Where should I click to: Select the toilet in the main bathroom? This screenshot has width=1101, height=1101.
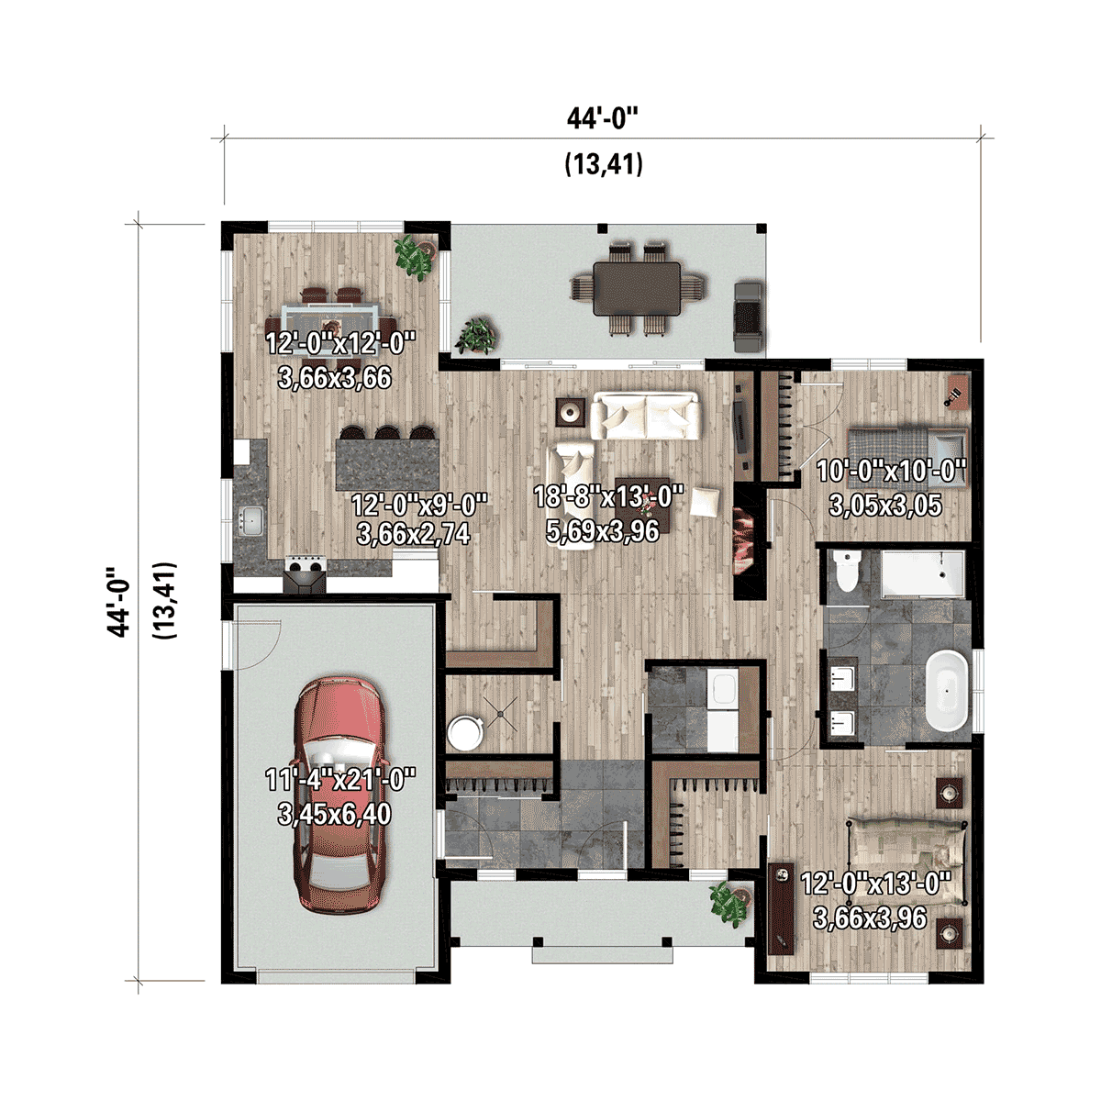pyautogui.click(x=848, y=574)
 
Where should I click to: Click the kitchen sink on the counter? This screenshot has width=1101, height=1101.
pyautogui.click(x=250, y=522)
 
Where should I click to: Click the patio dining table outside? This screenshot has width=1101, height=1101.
pyautogui.click(x=637, y=288)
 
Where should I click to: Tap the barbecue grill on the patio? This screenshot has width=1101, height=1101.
pyautogui.click(x=749, y=317)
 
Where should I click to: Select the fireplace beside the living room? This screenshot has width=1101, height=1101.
pyautogui.click(x=745, y=541)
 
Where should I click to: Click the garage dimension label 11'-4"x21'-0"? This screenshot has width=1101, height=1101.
pyautogui.click(x=340, y=796)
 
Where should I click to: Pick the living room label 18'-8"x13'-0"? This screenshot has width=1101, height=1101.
pyautogui.click(x=608, y=513)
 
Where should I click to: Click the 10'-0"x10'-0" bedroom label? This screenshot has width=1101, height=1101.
pyautogui.click(x=891, y=487)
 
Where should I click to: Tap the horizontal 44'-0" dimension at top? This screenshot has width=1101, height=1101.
pyautogui.click(x=602, y=118)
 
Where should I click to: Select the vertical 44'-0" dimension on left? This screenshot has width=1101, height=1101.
pyautogui.click(x=119, y=601)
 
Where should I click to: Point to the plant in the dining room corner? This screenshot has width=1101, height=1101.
pyautogui.click(x=414, y=254)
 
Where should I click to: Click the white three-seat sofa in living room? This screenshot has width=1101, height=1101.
pyautogui.click(x=646, y=416)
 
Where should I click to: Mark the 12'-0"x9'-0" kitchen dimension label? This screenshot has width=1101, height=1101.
pyautogui.click(x=419, y=518)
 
